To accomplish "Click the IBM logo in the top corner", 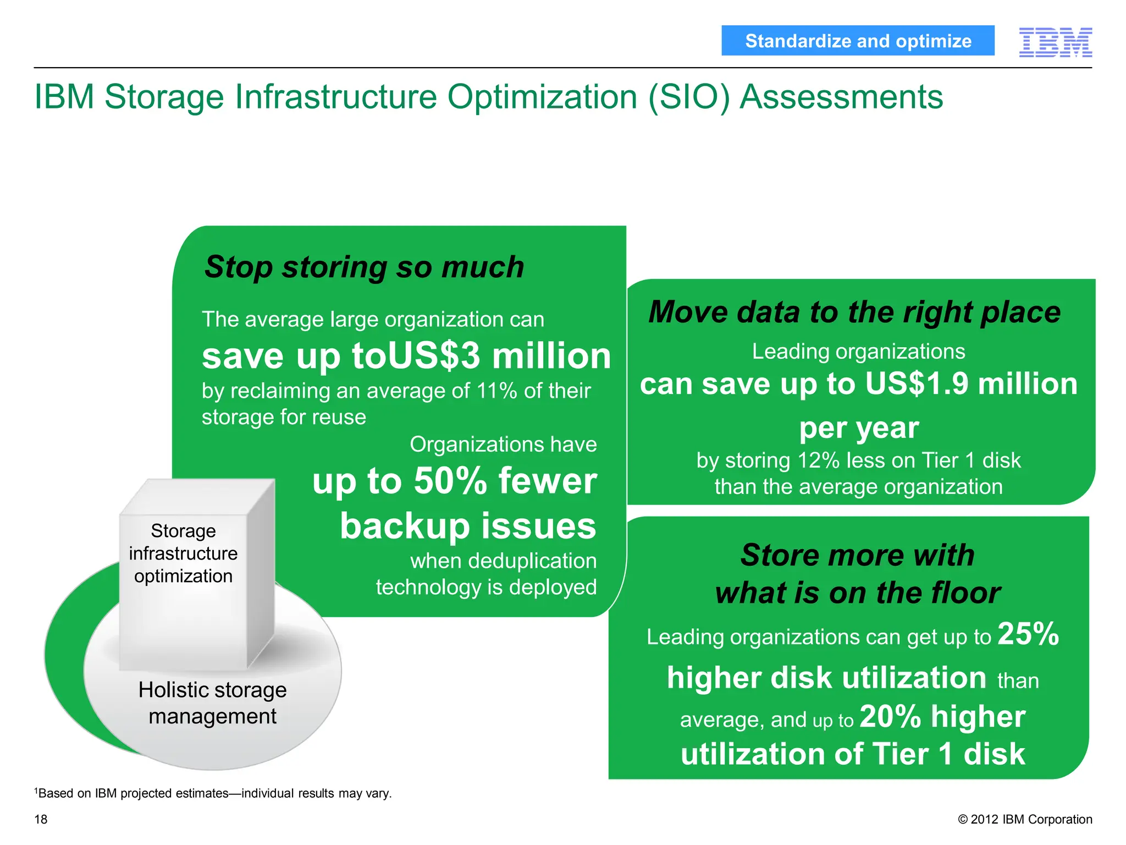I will click(1055, 42).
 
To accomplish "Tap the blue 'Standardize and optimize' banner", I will click(858, 41).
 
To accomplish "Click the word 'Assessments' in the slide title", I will click(841, 97).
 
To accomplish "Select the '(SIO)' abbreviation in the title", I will click(689, 97).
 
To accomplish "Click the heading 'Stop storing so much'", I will click(364, 267).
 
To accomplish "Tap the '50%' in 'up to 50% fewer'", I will click(450, 481).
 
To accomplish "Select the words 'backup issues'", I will click(468, 526).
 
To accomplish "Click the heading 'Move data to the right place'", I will click(854, 312).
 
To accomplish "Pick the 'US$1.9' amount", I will click(916, 383).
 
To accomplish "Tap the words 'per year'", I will click(859, 428).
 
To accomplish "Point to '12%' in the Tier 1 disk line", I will click(819, 460).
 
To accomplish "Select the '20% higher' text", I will click(942, 717).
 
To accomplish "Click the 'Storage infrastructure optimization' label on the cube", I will click(183, 553).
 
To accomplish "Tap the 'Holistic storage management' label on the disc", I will click(212, 703).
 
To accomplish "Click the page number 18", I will click(41, 819).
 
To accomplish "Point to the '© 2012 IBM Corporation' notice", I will click(1025, 819).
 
